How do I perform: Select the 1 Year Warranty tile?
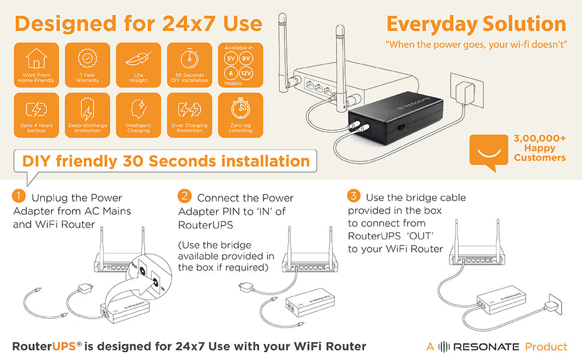(x=88, y=65)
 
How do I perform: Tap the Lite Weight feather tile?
(x=139, y=65)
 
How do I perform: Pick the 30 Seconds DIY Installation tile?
(x=190, y=65)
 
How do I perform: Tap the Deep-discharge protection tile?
(x=88, y=115)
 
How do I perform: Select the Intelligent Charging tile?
(x=139, y=115)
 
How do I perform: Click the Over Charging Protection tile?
(x=190, y=115)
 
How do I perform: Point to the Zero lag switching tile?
(x=240, y=115)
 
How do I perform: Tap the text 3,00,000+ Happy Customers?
(x=539, y=148)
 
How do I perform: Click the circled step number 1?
(x=19, y=197)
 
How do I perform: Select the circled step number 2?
(x=185, y=197)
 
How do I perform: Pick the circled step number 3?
(x=354, y=197)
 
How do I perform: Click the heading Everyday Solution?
(x=476, y=25)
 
